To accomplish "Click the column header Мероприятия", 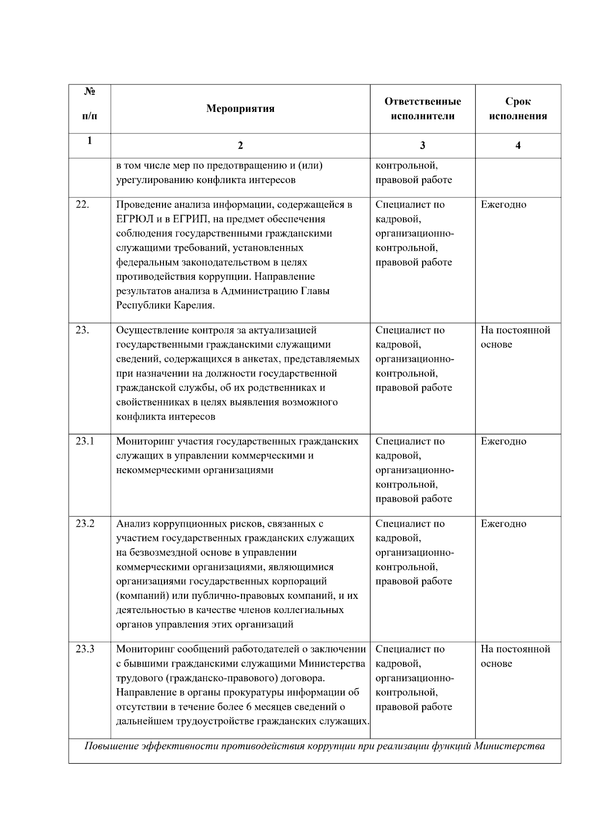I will click(240, 108).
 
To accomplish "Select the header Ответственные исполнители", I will click(422, 108).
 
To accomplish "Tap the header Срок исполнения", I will click(518, 108).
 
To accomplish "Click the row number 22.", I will click(82, 205).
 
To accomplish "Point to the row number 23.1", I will click(84, 441).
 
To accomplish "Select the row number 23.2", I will click(84, 524).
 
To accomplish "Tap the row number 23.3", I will click(84, 649).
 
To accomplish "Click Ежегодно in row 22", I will click(503, 205).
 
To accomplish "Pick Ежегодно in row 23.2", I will click(503, 524).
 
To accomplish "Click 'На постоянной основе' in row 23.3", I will click(515, 656).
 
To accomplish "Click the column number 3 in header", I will click(422, 145).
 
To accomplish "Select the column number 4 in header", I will click(518, 145).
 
